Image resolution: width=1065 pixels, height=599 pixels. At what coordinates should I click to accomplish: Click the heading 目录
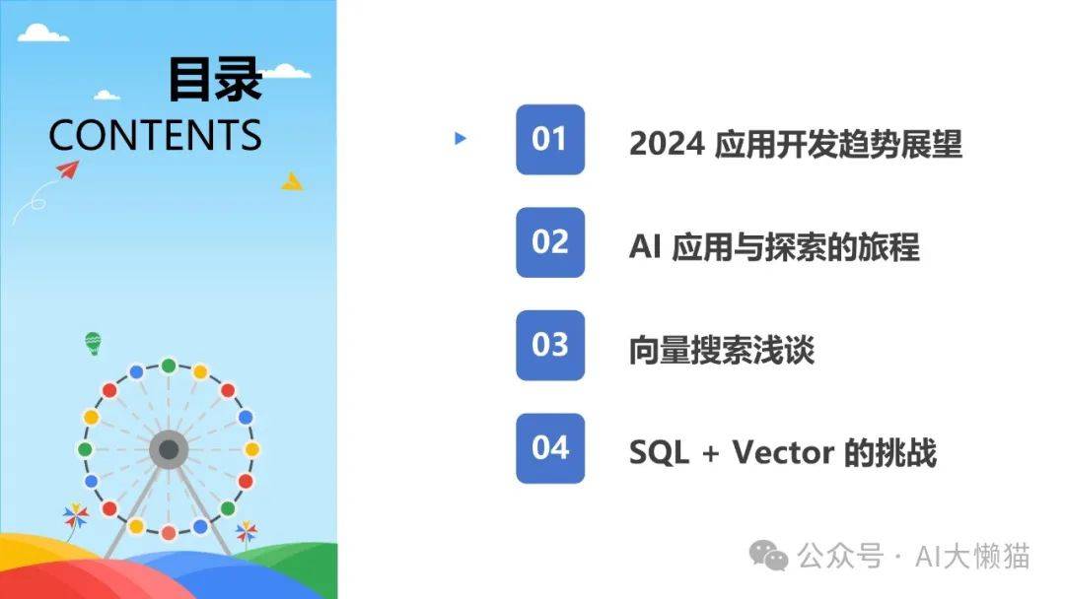point(215,80)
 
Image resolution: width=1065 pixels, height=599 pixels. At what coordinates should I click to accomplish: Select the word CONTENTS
point(155,134)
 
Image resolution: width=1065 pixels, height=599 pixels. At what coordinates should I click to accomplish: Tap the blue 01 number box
point(550,140)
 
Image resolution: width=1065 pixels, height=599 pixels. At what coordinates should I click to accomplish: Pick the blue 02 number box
point(550,242)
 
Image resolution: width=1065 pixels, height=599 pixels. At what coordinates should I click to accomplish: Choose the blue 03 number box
point(550,345)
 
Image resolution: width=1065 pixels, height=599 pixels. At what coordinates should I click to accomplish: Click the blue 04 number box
point(550,448)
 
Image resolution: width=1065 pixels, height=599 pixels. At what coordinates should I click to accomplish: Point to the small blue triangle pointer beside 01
point(460,138)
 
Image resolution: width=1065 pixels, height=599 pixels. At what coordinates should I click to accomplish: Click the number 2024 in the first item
point(667,145)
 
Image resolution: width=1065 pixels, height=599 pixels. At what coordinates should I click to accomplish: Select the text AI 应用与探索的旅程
point(774,247)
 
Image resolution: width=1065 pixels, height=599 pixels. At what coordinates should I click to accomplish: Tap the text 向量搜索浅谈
point(721,350)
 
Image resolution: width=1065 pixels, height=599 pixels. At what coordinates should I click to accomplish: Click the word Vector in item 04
point(782,452)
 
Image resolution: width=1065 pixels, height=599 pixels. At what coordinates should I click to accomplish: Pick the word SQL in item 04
point(659,452)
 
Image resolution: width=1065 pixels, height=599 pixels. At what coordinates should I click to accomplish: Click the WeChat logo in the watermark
point(768,556)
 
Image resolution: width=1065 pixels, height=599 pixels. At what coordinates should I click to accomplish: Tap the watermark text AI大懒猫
point(972,557)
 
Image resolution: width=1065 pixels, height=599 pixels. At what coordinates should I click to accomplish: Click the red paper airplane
point(68,168)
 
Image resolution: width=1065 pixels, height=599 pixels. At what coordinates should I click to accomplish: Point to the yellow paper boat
point(292,181)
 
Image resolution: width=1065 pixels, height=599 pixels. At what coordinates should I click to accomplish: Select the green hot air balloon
point(93,343)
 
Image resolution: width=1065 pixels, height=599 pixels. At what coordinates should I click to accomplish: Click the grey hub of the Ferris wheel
point(169,449)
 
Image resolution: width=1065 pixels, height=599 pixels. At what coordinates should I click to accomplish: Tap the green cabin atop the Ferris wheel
point(169,366)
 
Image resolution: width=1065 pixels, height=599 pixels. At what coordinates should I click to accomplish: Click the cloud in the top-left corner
point(42,33)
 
